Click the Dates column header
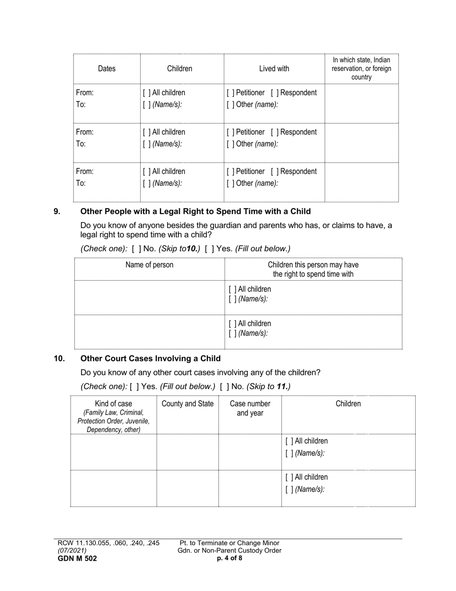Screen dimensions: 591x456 [x=107, y=69]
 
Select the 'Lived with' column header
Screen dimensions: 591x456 [x=274, y=69]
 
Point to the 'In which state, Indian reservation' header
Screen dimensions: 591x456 [x=361, y=68]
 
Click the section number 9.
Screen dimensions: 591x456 [x=57, y=211]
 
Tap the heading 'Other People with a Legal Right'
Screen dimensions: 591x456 [x=195, y=211]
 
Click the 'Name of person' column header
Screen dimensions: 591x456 [x=149, y=265]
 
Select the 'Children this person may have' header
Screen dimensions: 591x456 [x=313, y=270]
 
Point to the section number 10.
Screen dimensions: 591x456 [x=59, y=358]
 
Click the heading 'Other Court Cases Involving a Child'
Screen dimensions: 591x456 [x=150, y=358]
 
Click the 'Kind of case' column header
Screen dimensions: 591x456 [x=113, y=416]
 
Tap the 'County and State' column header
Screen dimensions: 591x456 [x=187, y=404]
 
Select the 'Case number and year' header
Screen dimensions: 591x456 [x=250, y=408]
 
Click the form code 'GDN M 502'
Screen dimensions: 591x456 [x=77, y=558]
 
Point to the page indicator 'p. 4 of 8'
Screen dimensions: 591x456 [x=229, y=558]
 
